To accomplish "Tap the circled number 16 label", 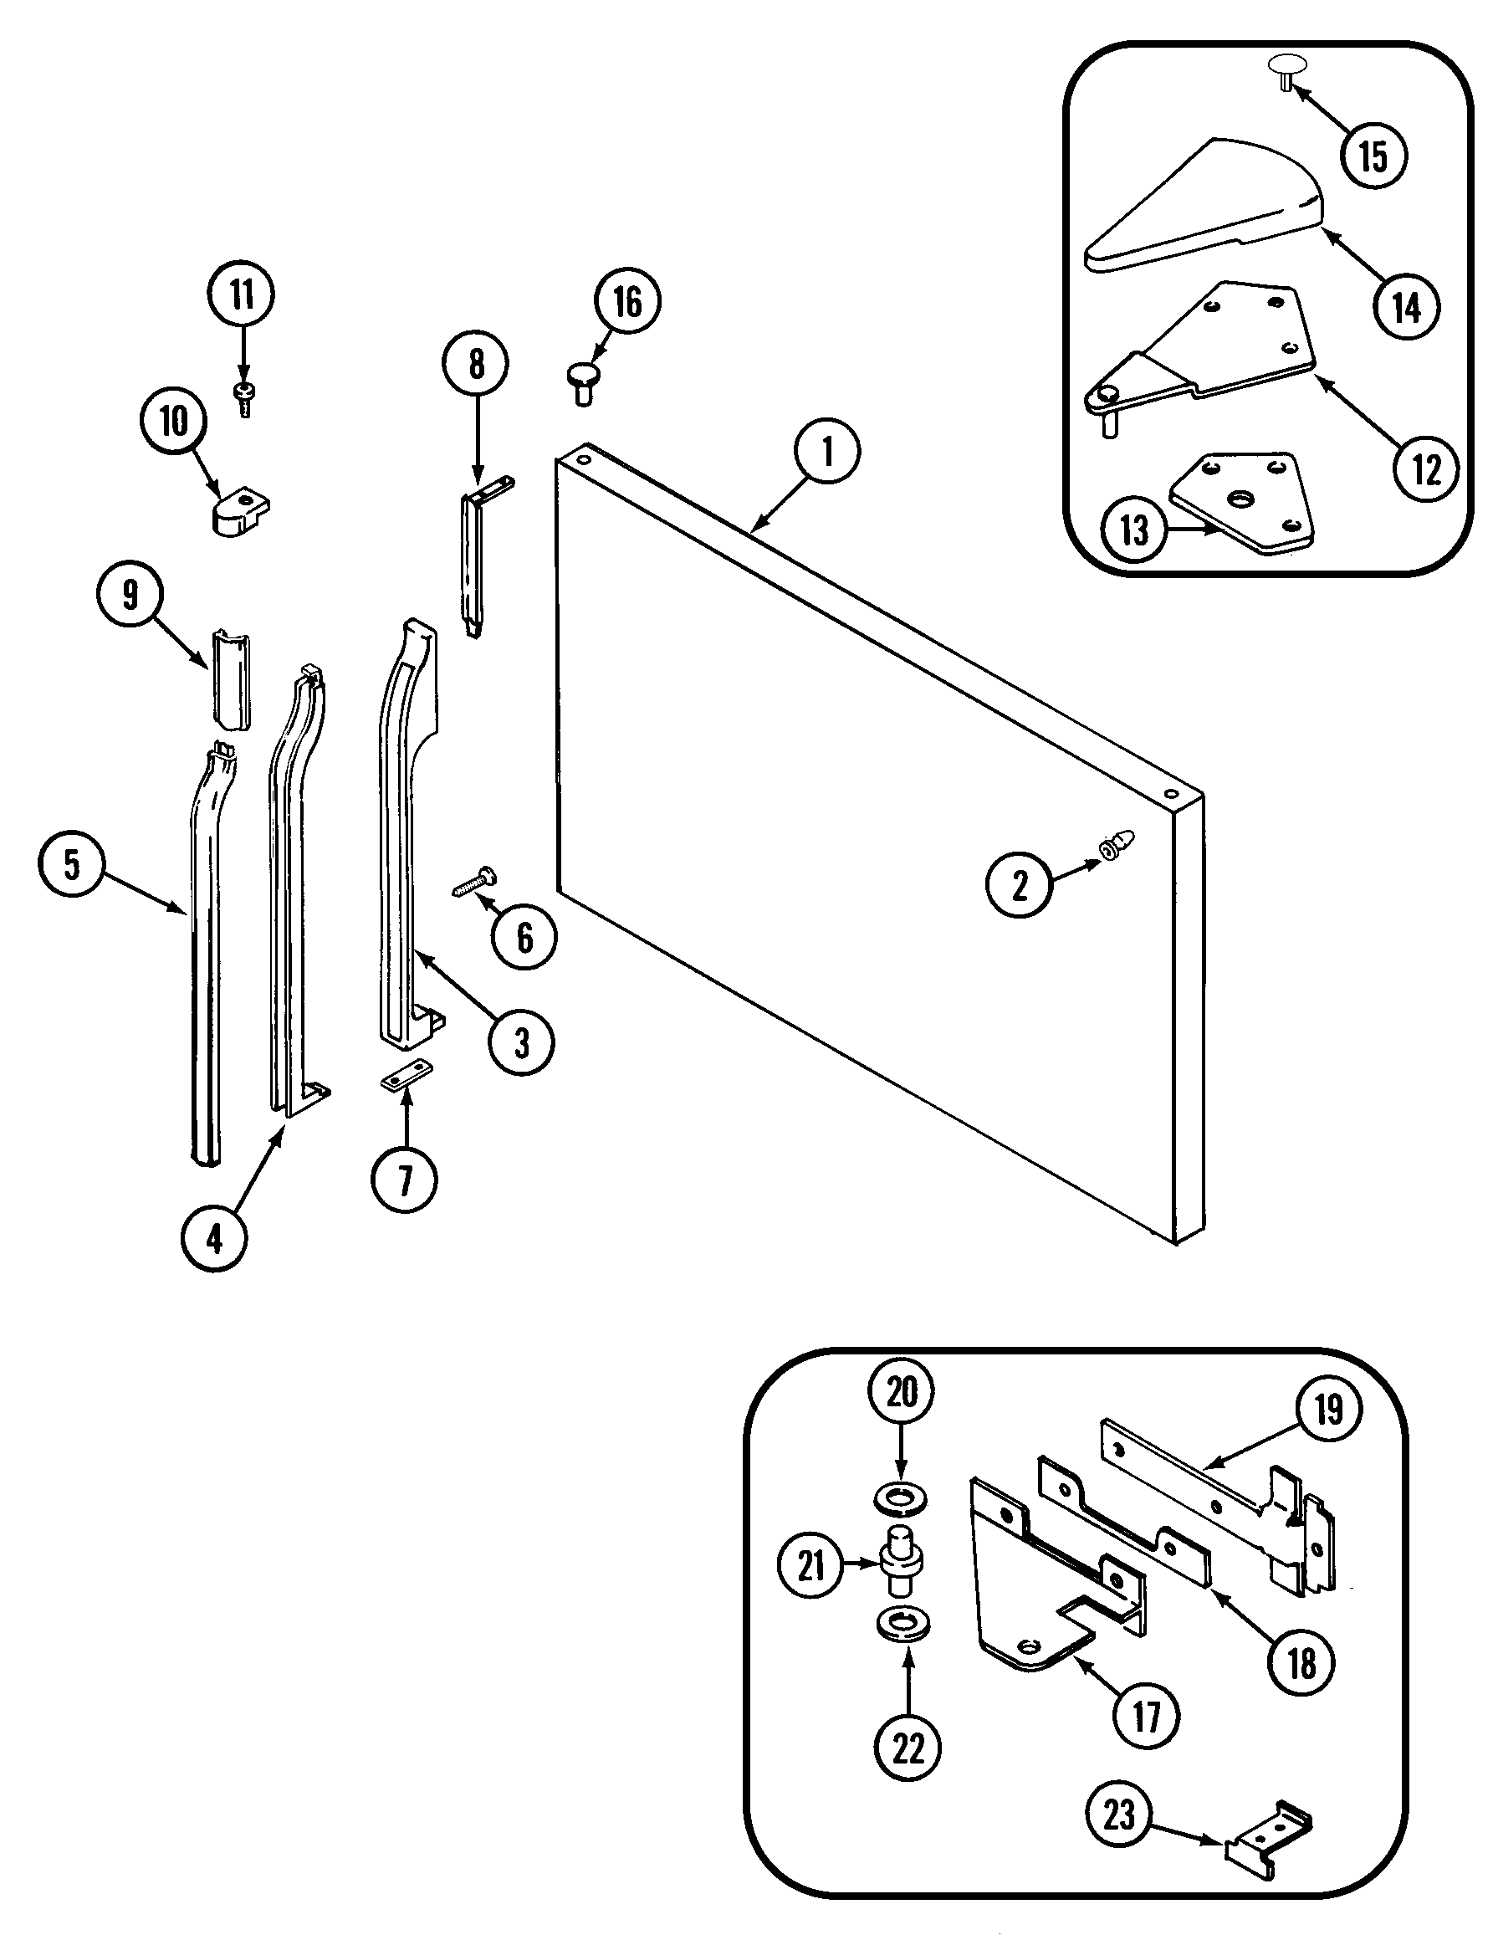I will (x=627, y=303).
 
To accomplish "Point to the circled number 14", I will (x=1406, y=306).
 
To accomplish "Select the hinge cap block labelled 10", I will (x=240, y=514).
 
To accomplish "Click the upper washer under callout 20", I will (x=901, y=1500).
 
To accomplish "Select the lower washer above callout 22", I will (x=901, y=1623).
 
